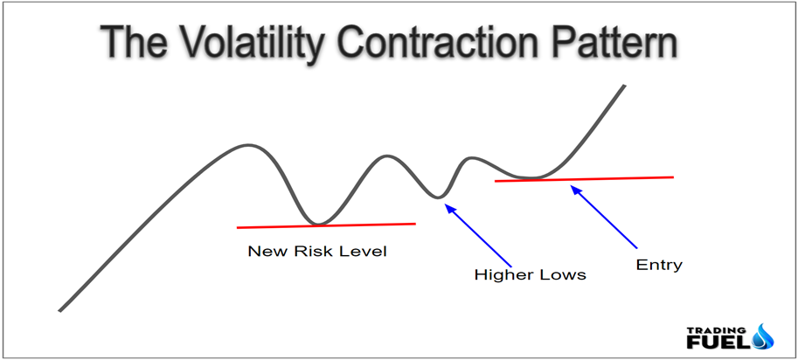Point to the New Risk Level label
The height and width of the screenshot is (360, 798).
317,251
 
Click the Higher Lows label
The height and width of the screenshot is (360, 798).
531,275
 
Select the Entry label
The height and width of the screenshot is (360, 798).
659,265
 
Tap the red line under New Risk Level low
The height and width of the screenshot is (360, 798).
326,225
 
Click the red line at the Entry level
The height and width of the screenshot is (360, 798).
584,179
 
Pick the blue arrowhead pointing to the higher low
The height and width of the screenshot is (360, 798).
449,208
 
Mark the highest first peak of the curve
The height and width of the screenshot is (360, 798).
248,145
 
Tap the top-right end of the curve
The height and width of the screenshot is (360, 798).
624,86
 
